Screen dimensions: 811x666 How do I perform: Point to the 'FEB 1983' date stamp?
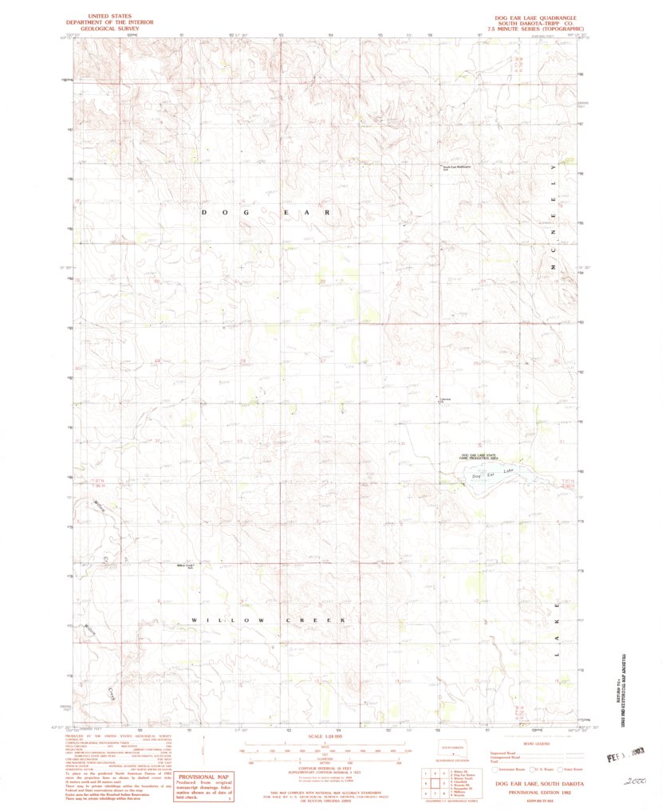(625, 757)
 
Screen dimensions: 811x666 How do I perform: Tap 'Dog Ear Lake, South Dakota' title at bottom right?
(538, 785)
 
